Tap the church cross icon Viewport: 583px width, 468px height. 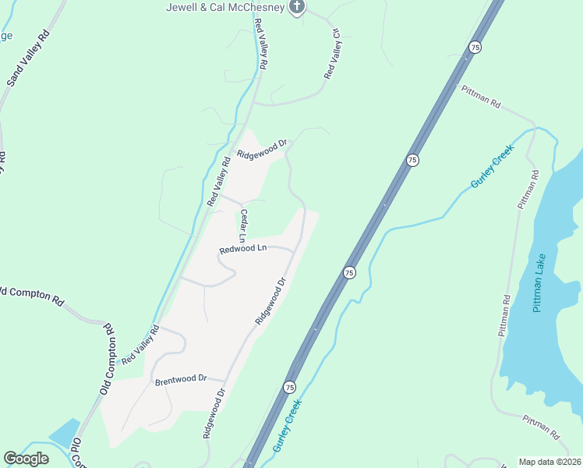point(296,8)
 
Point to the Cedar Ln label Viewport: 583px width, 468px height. point(244,225)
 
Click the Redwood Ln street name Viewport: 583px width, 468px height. point(243,249)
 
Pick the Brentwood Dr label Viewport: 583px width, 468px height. point(180,380)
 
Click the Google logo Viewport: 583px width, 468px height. point(26,458)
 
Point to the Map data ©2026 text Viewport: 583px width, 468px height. point(549,462)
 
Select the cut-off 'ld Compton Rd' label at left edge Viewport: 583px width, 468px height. point(31,294)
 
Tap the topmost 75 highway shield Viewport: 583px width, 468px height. point(474,48)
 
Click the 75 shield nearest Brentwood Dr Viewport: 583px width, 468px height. point(288,387)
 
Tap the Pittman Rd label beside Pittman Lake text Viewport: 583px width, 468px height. point(505,315)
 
